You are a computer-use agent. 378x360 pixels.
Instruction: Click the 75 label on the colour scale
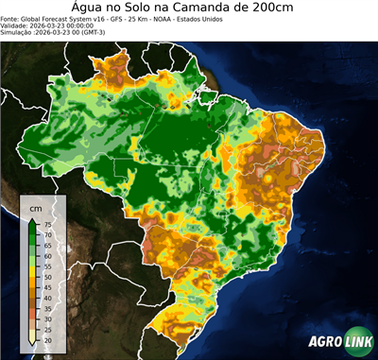pos(46,225)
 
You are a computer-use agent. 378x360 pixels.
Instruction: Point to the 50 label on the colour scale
pos(46,277)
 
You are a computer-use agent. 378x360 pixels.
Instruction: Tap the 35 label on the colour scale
pos(46,308)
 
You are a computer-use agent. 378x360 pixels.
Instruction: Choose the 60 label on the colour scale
pos(46,256)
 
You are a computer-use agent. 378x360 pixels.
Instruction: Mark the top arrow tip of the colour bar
pos(32,218)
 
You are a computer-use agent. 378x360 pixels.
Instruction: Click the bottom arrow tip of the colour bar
pos(32,345)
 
